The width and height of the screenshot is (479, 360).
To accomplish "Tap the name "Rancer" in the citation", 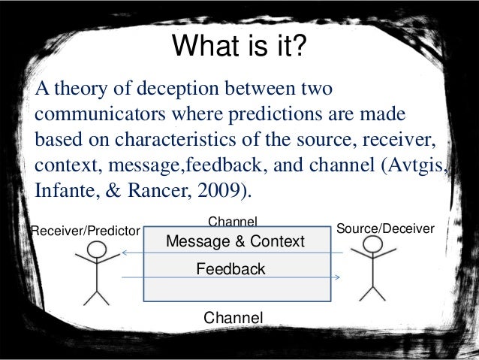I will (155, 189).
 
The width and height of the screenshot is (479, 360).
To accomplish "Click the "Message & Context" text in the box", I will (234, 241).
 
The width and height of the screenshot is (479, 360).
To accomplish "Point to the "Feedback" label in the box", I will (230, 268).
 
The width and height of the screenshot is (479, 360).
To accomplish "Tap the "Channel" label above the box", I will (232, 221).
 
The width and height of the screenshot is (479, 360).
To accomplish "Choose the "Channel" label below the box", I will (233, 318).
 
